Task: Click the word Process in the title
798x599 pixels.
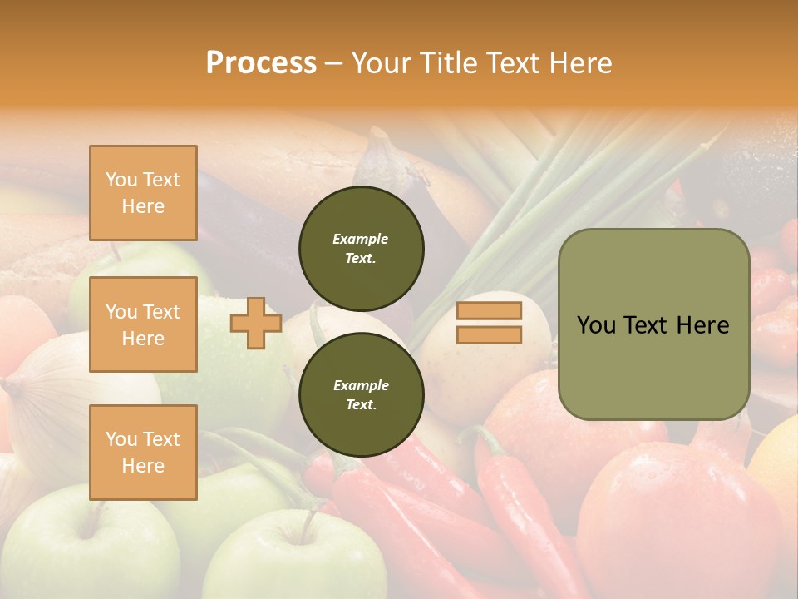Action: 261,63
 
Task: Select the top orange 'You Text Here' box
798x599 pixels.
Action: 143,193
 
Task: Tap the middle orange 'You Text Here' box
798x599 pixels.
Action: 143,324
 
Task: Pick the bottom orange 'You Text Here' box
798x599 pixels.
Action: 143,453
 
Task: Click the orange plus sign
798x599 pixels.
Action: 256,323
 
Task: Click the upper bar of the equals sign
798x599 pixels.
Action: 489,310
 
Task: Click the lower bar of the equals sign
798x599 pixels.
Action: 489,335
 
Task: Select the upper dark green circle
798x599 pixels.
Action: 361,249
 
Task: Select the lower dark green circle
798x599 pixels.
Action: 361,394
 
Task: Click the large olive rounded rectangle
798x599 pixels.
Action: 653,366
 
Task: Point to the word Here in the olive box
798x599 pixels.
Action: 702,325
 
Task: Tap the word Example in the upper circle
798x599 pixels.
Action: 360,239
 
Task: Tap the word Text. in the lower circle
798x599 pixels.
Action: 361,405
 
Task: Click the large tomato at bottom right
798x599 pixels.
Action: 673,516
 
